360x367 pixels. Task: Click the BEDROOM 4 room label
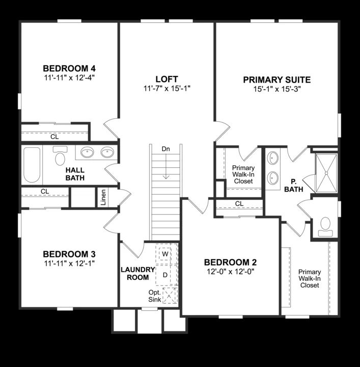[x=69, y=69]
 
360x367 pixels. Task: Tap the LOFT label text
[x=167, y=79]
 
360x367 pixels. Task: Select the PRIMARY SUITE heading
[x=276, y=80]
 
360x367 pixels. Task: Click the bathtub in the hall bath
[x=32, y=165]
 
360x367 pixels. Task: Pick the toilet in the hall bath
[x=61, y=156]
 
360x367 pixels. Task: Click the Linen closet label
[x=103, y=197]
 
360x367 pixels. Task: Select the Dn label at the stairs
[x=165, y=149]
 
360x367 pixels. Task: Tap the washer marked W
[x=165, y=253]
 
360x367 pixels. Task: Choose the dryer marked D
[x=165, y=275]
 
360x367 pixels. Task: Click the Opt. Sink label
[x=154, y=296]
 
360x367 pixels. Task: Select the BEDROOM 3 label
[x=69, y=254]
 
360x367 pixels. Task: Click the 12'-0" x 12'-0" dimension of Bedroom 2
[x=230, y=271]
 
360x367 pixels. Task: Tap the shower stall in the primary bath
[x=326, y=173]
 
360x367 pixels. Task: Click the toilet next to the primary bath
[x=325, y=226]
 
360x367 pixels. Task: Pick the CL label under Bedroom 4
[x=54, y=137]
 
